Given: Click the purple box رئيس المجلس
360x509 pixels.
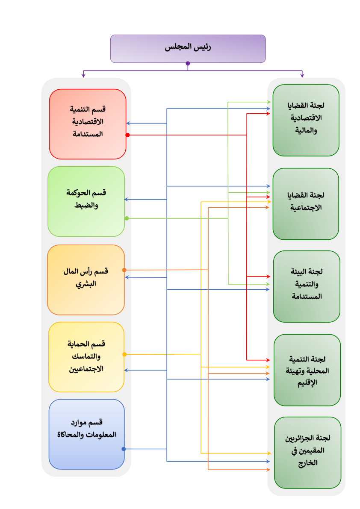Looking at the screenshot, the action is [x=188, y=49].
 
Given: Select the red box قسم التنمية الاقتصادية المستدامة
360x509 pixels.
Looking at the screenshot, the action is [x=88, y=124].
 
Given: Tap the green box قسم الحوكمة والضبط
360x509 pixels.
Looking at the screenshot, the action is [x=86, y=201].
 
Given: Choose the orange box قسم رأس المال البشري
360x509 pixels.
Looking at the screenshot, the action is [x=86, y=280].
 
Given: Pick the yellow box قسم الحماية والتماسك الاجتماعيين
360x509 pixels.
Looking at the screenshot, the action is [x=86, y=357].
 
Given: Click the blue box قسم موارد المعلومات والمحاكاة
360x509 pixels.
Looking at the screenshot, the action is [x=87, y=434].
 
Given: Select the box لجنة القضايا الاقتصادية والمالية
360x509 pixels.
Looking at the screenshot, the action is [x=306, y=121].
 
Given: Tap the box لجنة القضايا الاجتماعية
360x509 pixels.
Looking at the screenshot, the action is [x=306, y=204].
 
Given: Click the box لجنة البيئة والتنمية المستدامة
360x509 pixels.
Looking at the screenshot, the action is [x=307, y=286].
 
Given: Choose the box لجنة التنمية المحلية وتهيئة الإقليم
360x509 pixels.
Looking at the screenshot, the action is [x=307, y=370].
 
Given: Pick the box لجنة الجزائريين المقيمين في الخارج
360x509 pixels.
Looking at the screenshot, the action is [x=308, y=453].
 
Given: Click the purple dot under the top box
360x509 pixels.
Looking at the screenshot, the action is [x=188, y=63].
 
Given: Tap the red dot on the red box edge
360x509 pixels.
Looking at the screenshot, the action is [x=127, y=135].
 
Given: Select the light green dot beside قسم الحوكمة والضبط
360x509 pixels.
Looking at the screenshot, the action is [x=127, y=218].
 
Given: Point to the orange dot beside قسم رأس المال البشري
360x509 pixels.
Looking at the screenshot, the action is [x=124, y=270].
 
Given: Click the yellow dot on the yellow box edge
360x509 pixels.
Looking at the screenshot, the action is [x=124, y=354].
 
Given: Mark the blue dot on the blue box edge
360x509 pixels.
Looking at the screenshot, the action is [x=124, y=449].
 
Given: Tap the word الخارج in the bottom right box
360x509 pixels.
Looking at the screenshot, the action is [x=308, y=463].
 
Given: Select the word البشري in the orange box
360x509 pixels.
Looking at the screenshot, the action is [x=86, y=284].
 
